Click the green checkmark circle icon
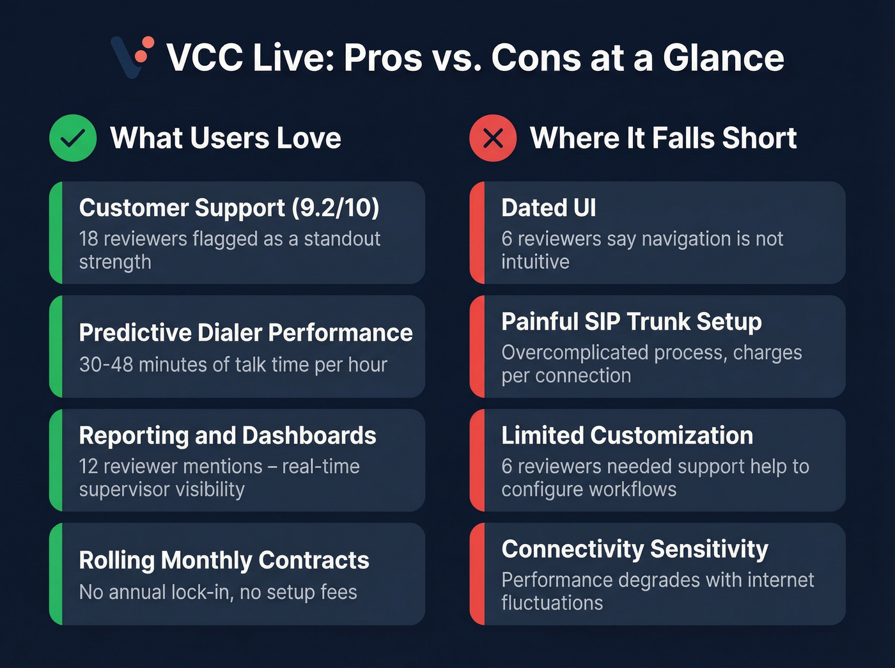(73, 138)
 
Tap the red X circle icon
(493, 138)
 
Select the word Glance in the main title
(723, 58)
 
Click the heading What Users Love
(225, 139)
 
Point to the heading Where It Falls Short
(663, 139)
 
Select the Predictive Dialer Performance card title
(245, 333)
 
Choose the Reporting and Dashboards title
(228, 436)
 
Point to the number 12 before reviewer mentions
(88, 467)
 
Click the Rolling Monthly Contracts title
(224, 561)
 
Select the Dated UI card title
(549, 208)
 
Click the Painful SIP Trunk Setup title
(631, 322)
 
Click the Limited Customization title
(627, 436)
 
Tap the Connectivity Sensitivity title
(635, 550)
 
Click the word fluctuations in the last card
(552, 603)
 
